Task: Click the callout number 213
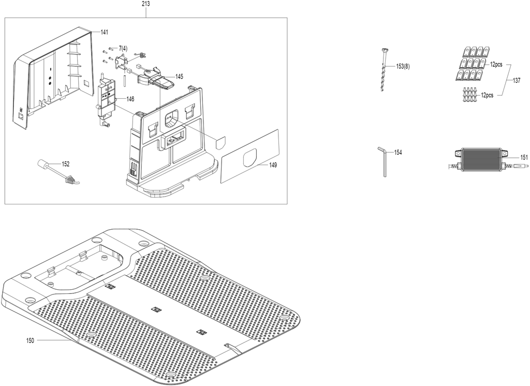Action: pyautogui.click(x=146, y=4)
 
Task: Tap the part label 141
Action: pyautogui.click(x=104, y=32)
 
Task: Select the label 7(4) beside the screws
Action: pyautogui.click(x=123, y=49)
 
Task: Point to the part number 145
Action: pyautogui.click(x=179, y=77)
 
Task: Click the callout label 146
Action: pyautogui.click(x=130, y=99)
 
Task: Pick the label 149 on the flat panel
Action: pyautogui.click(x=273, y=165)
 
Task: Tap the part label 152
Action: pyautogui.click(x=66, y=164)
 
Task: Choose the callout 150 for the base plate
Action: pyautogui.click(x=30, y=340)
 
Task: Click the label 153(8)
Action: pyautogui.click(x=403, y=67)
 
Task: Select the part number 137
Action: pyautogui.click(x=517, y=81)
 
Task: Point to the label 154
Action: pyautogui.click(x=398, y=153)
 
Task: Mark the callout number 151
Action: pyautogui.click(x=524, y=157)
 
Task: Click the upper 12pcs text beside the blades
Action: pyautogui.click(x=496, y=64)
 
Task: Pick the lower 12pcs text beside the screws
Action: pyautogui.click(x=487, y=95)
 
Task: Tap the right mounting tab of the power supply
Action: pyautogui.click(x=505, y=154)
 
